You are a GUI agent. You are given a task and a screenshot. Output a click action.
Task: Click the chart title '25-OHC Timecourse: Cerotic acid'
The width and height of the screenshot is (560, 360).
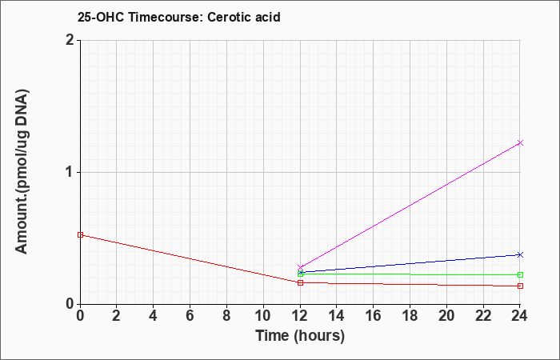click(x=179, y=17)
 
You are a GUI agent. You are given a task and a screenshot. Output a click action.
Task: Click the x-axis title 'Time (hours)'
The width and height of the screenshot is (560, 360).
click(x=300, y=336)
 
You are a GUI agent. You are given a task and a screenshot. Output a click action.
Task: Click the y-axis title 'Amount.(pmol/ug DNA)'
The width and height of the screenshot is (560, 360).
click(x=22, y=172)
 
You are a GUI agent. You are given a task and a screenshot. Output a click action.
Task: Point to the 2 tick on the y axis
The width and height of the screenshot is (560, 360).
click(x=70, y=40)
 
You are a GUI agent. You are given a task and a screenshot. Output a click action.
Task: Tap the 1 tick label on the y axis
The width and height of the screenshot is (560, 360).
click(x=71, y=173)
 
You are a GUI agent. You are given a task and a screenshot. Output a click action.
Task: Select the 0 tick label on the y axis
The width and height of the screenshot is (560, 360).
click(x=70, y=305)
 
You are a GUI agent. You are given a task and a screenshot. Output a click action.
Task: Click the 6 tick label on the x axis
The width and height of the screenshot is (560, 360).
click(x=190, y=316)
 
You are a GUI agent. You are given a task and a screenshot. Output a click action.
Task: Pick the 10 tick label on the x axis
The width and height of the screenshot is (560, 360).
click(x=263, y=316)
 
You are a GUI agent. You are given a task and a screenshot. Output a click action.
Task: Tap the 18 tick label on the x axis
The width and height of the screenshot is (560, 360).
click(x=410, y=316)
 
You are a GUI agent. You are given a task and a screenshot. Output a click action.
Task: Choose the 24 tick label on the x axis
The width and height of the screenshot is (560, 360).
click(x=520, y=316)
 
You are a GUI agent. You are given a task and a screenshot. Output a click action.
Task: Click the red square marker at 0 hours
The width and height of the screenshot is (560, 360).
click(x=80, y=235)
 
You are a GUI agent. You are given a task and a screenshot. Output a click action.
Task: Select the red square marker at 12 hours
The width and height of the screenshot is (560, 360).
click(x=300, y=283)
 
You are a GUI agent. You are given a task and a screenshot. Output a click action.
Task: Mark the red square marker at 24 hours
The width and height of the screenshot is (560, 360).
click(x=520, y=286)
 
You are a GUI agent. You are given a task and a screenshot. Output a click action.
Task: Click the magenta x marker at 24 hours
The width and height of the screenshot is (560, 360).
click(x=520, y=143)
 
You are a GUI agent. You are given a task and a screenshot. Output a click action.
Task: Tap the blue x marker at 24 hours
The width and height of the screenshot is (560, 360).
click(x=520, y=254)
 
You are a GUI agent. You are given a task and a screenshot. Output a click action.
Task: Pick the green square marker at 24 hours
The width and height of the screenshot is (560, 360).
click(x=520, y=275)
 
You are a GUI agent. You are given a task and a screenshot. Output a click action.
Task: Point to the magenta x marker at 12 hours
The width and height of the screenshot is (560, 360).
click(x=300, y=267)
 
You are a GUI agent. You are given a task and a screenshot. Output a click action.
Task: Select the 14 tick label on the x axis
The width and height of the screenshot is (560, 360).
click(x=337, y=316)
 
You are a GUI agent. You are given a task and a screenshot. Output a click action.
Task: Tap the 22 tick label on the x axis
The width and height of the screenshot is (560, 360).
click(x=483, y=316)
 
